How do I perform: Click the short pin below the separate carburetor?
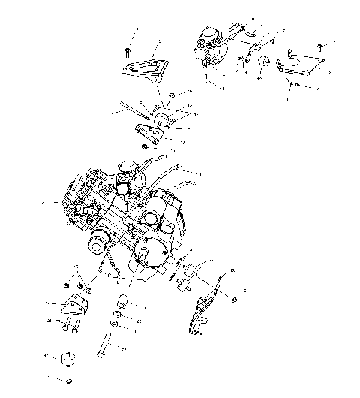tap(204, 77)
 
